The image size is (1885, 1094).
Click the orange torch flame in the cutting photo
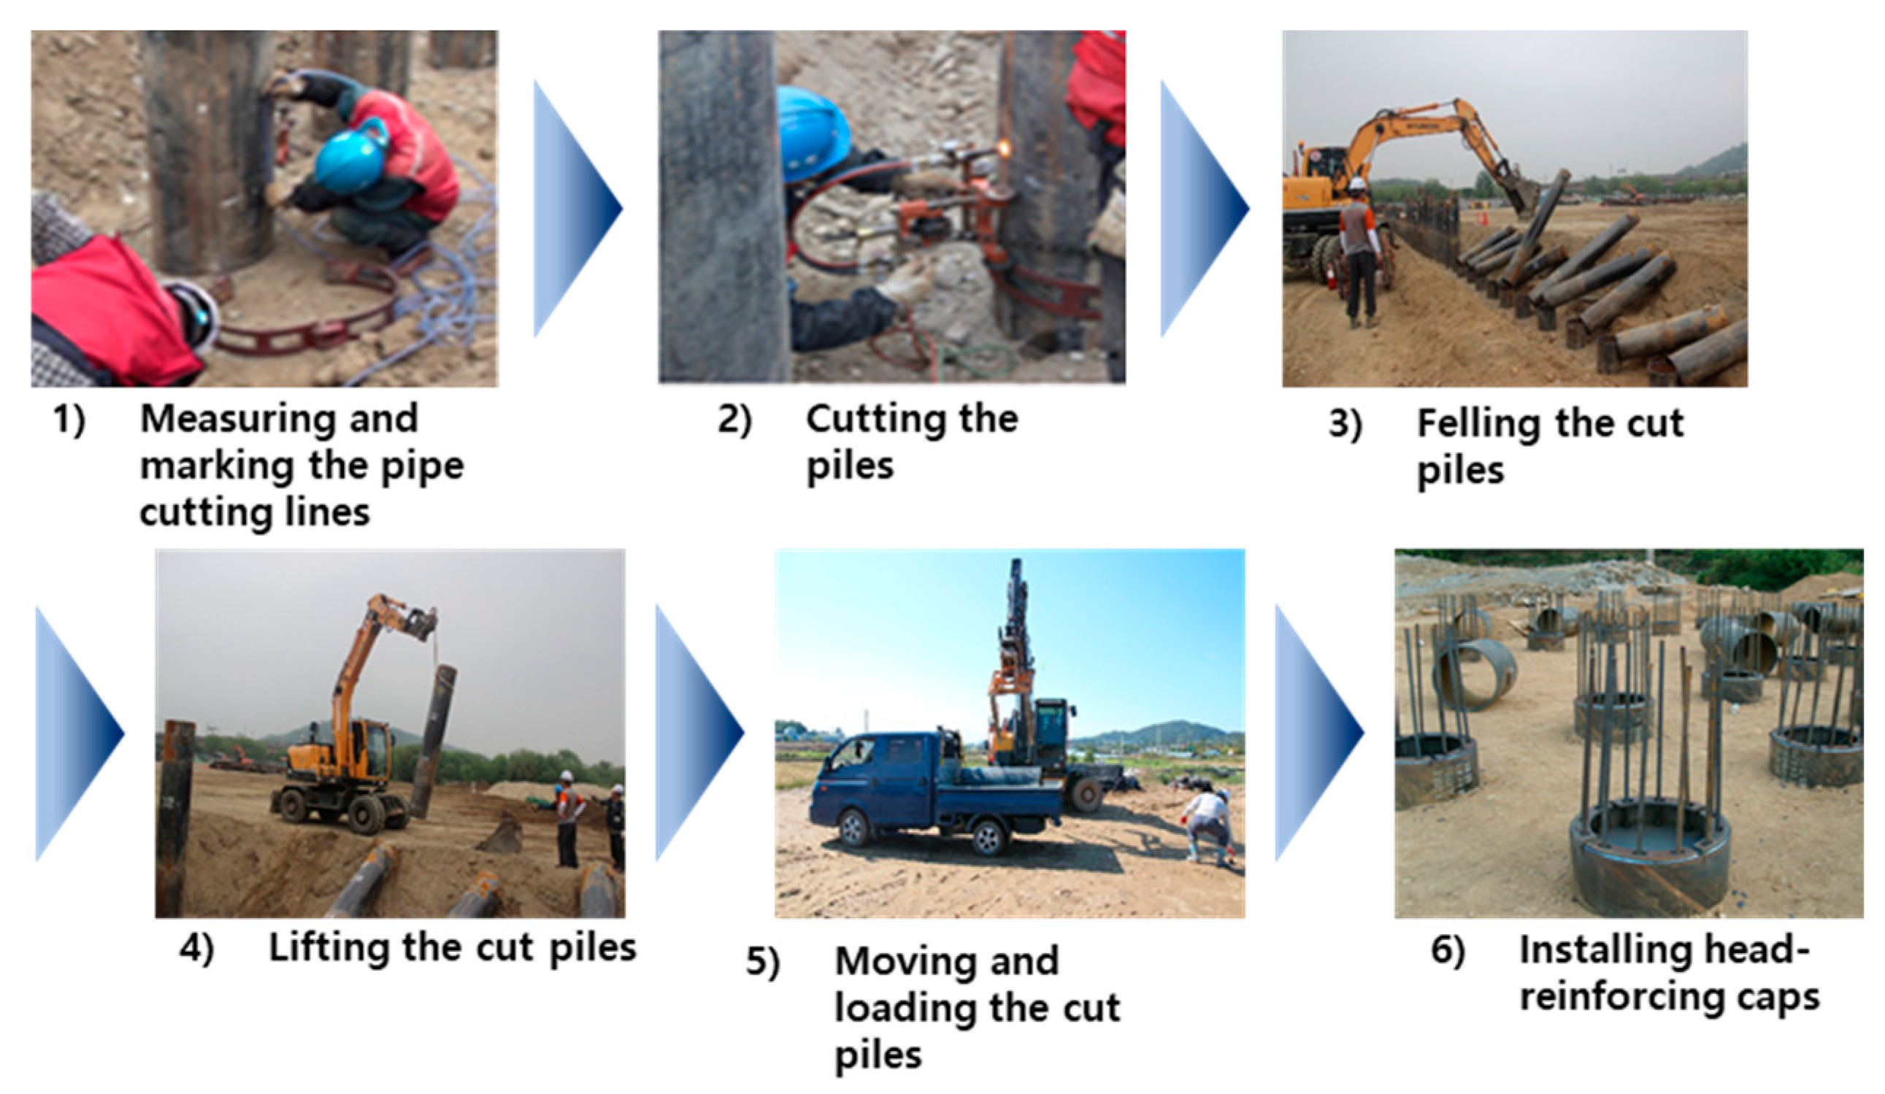click(x=1000, y=150)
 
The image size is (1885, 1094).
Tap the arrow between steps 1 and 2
click(x=577, y=209)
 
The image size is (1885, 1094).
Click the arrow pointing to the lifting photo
click(x=80, y=733)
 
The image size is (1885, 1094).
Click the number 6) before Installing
click(x=1448, y=949)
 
